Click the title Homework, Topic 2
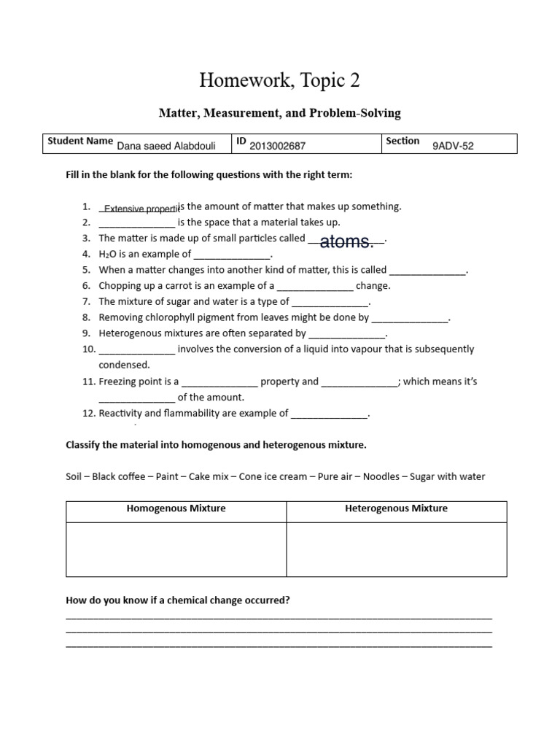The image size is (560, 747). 280,80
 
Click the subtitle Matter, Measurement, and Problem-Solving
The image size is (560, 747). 280,113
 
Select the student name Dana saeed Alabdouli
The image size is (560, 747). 166,146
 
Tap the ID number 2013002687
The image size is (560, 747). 277,146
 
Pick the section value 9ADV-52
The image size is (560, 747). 453,146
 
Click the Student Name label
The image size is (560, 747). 79,142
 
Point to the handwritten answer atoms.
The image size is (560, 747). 346,241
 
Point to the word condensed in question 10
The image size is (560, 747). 124,365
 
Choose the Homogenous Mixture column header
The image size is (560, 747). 176,508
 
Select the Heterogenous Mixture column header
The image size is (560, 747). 396,508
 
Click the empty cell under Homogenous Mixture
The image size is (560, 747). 176,549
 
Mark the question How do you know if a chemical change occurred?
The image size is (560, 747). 178,600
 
